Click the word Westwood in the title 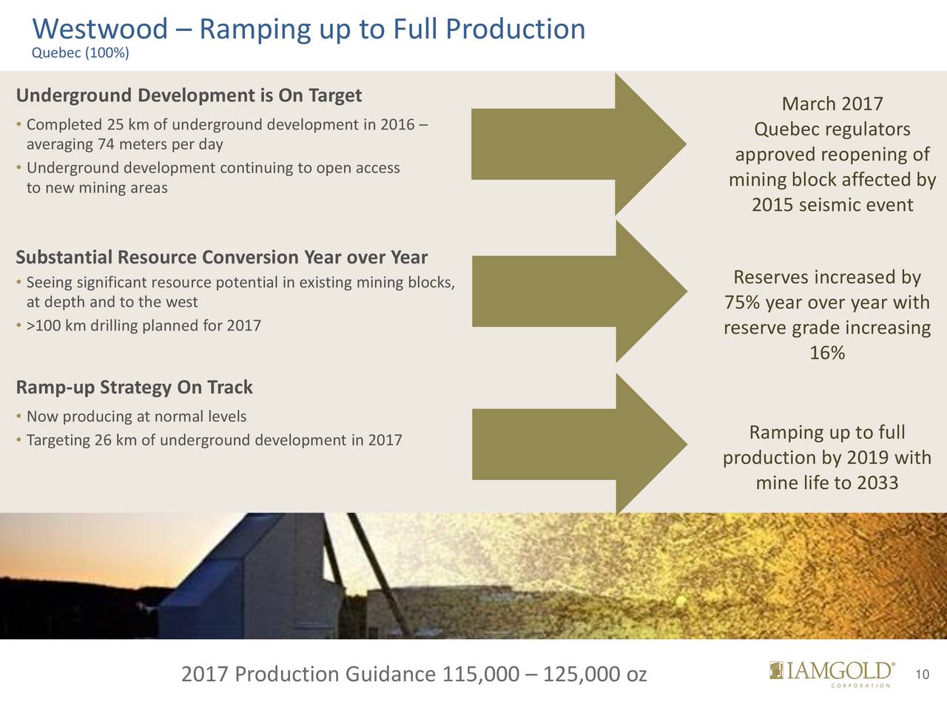(x=100, y=29)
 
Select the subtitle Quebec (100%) (x=81, y=53)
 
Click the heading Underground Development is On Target (x=189, y=95)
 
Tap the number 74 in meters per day (x=106, y=144)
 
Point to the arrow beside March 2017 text (x=579, y=144)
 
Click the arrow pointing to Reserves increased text (x=579, y=291)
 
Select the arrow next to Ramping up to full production (x=579, y=444)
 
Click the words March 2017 (x=832, y=104)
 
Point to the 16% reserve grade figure (x=827, y=353)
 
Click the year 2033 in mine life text (x=877, y=482)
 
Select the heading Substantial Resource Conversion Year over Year (x=222, y=257)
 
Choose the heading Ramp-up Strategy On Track (x=134, y=387)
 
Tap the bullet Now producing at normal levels (x=132, y=416)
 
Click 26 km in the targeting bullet (x=115, y=440)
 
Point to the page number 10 (x=923, y=674)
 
